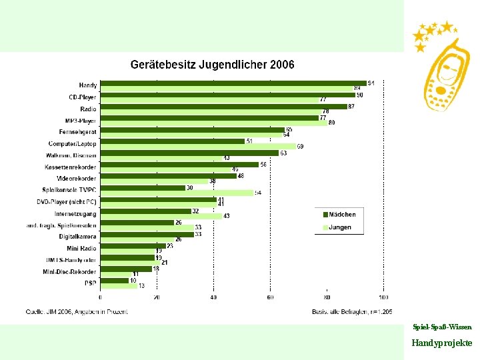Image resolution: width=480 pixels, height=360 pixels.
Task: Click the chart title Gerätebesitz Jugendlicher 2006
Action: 212,65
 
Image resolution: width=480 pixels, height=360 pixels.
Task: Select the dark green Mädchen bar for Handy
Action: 233,83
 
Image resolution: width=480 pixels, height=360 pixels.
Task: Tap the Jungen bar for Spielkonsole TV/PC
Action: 177,193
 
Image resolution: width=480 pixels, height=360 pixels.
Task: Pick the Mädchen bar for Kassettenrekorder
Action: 179,164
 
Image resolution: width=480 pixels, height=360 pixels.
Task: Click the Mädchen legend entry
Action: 340,215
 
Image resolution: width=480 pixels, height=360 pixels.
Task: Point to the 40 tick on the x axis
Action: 213,297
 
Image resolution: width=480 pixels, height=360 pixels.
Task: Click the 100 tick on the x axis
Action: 383,297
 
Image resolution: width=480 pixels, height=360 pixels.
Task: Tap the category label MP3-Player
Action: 81,121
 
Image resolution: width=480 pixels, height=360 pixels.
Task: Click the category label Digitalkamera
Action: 77,237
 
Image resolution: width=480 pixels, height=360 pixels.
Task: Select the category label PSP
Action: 91,283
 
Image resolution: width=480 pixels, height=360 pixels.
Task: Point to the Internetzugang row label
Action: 75,214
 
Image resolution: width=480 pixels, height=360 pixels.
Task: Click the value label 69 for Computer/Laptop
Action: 301,146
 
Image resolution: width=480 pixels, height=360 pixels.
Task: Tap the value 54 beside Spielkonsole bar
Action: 257,193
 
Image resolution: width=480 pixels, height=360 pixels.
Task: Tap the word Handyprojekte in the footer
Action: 441,343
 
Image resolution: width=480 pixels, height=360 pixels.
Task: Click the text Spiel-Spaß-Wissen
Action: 442,327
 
